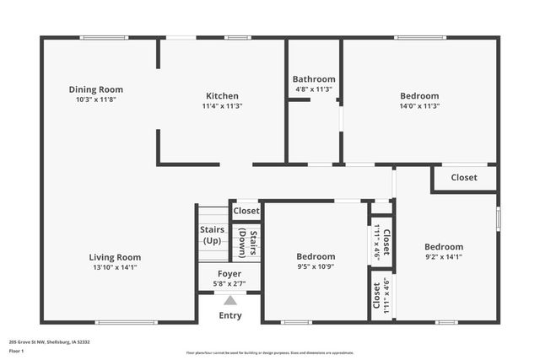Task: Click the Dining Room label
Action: (95, 89)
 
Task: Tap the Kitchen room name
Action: (222, 96)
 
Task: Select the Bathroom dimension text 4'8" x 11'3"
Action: (314, 89)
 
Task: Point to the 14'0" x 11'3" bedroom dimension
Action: (419, 105)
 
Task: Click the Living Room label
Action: (115, 257)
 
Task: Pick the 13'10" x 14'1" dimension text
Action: (115, 267)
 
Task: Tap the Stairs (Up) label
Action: (212, 234)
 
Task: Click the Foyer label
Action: (229, 274)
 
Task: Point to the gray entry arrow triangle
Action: (229, 299)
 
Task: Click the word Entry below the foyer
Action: (229, 315)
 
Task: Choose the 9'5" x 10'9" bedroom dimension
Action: (316, 266)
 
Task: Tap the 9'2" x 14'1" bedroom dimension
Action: (443, 257)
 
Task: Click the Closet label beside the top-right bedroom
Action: (463, 178)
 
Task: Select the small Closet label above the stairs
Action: (246, 211)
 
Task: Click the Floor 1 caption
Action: (17, 350)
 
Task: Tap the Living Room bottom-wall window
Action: (126, 322)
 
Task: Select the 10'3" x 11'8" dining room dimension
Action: (95, 99)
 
